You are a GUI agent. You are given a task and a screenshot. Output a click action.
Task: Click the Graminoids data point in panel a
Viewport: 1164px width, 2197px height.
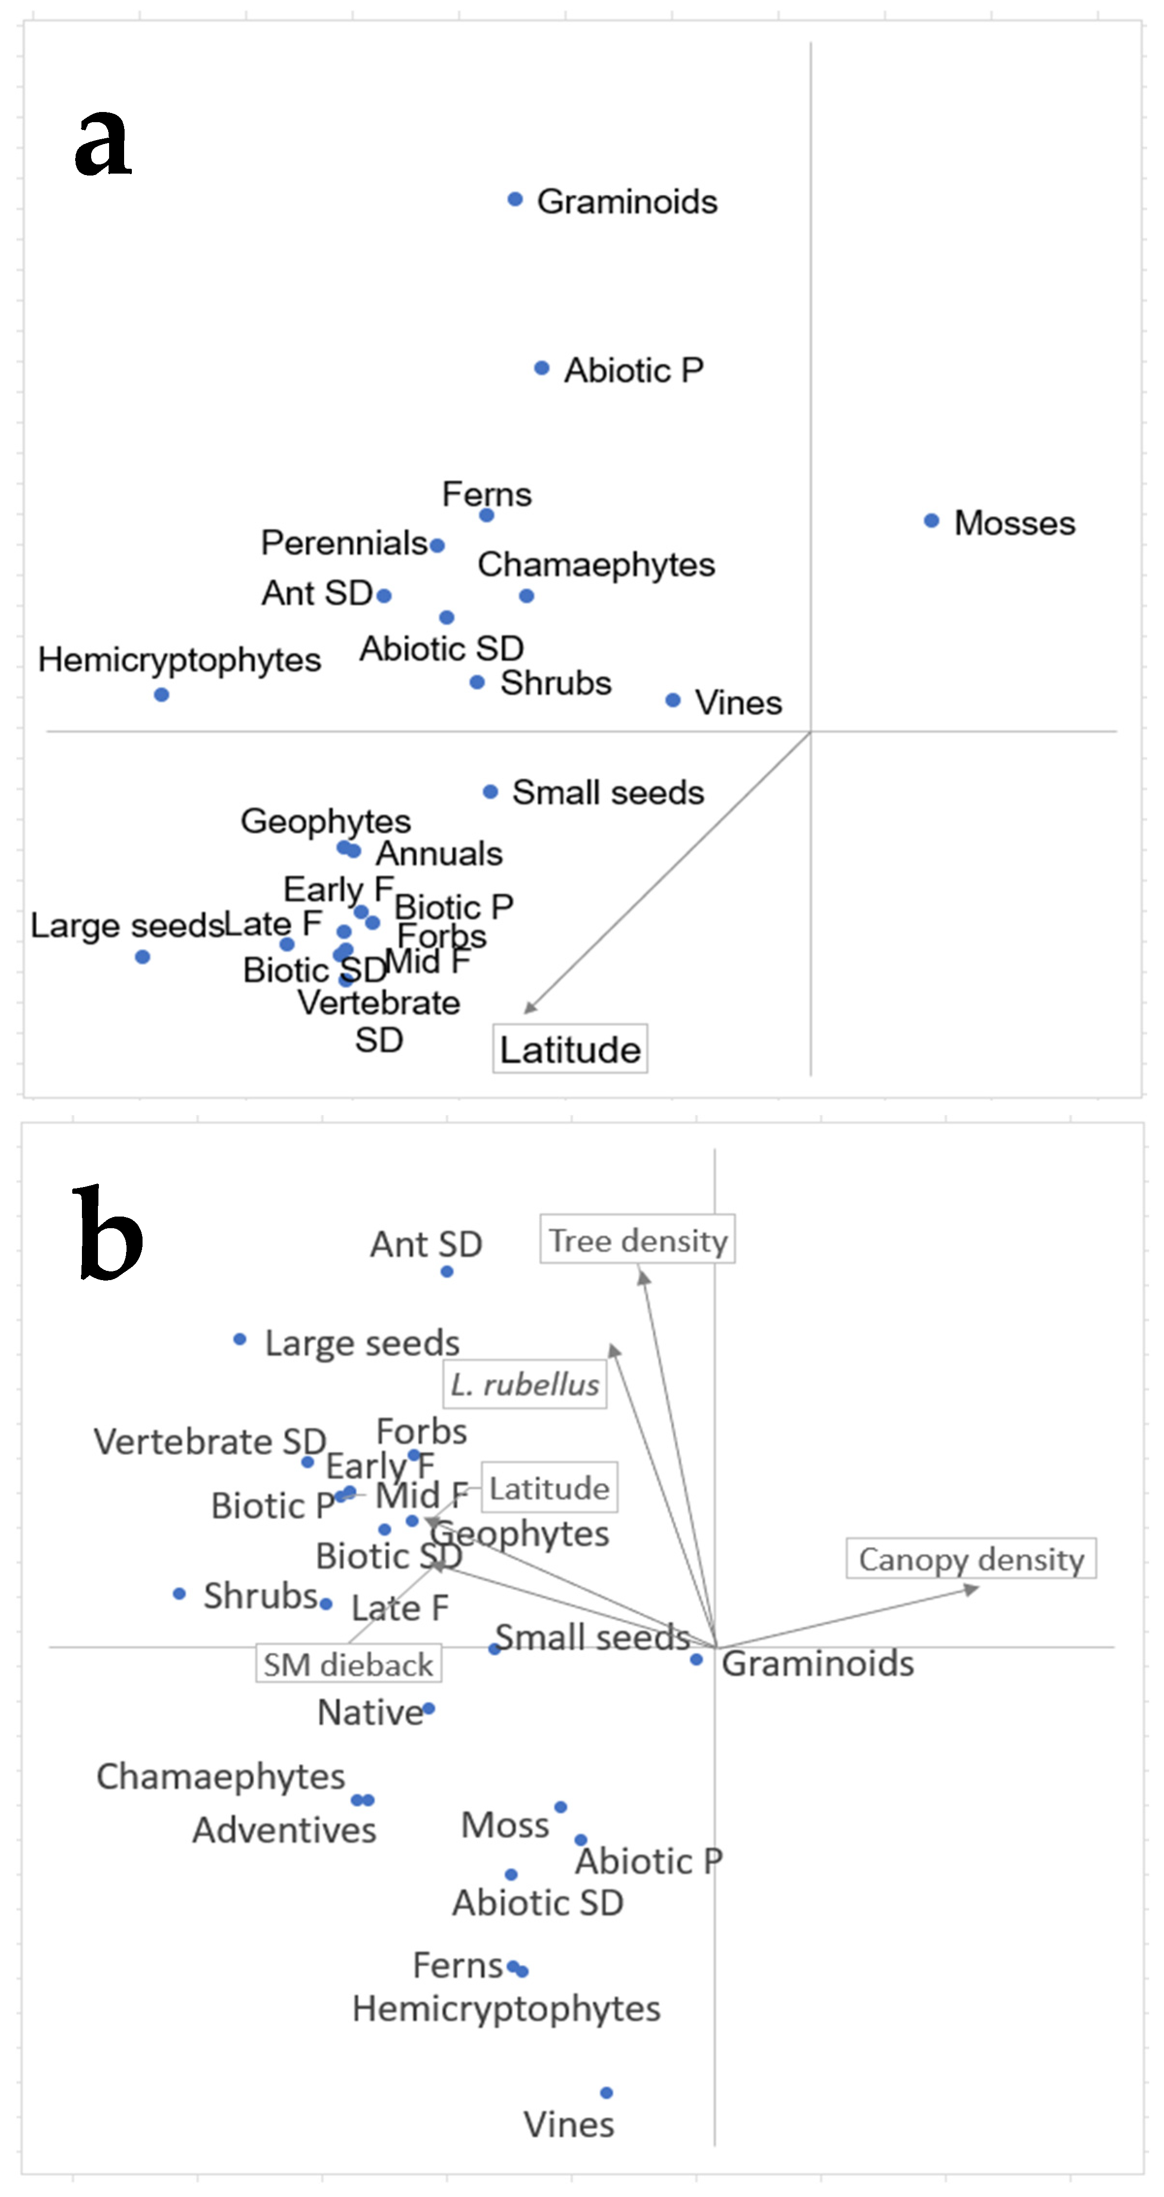tap(515, 200)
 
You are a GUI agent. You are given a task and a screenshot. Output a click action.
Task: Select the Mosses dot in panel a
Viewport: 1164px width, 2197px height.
tap(931, 520)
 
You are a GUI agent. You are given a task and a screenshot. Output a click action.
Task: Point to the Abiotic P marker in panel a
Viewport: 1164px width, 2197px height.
tap(542, 369)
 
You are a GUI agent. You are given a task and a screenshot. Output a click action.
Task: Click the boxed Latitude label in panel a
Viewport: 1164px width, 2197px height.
tap(570, 1048)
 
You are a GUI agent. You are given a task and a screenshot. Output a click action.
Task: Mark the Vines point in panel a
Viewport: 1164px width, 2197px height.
tap(673, 700)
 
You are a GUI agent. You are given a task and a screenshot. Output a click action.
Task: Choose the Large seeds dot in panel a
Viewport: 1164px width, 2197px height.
tap(143, 957)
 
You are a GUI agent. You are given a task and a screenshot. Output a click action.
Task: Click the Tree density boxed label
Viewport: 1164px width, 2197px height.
tap(637, 1239)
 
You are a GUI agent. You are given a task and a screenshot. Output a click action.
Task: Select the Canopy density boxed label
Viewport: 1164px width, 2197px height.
tap(971, 1558)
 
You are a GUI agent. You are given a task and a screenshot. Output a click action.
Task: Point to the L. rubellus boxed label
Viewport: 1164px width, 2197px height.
tap(525, 1383)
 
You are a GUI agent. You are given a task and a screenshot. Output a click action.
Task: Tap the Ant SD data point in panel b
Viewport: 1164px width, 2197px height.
tap(447, 1272)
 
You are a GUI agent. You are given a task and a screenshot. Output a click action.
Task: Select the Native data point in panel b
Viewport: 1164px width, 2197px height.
tap(429, 1708)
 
